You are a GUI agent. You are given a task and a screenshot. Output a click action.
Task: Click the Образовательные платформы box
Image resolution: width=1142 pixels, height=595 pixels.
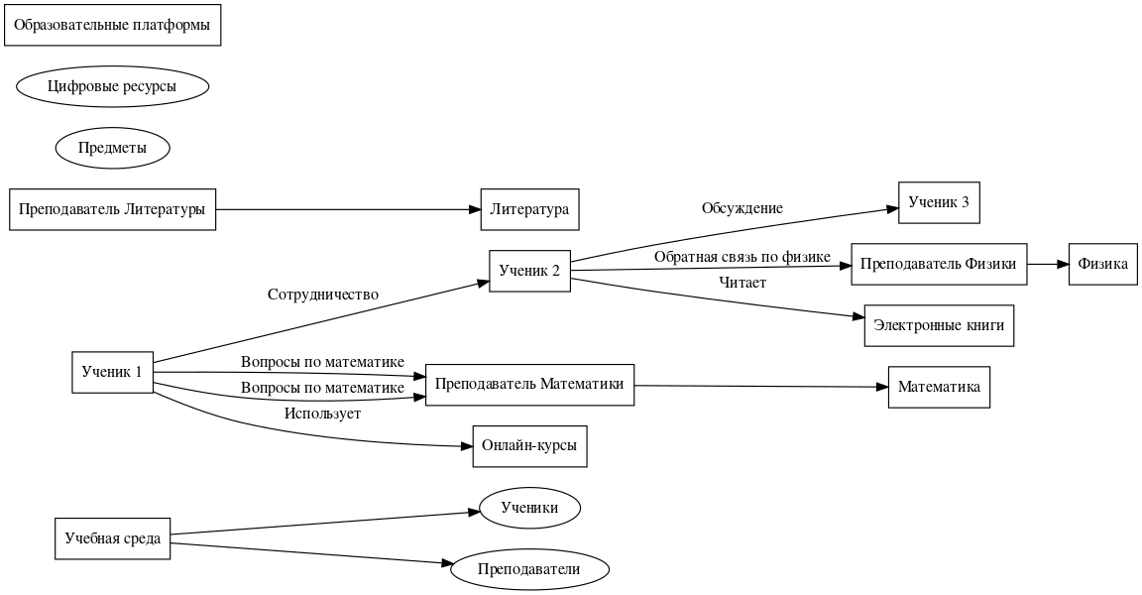pyautogui.click(x=113, y=25)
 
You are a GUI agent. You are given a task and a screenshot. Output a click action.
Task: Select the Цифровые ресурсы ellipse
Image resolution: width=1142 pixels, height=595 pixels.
pyautogui.click(x=113, y=86)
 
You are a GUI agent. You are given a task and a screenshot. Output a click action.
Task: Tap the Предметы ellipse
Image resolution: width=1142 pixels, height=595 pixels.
pyautogui.click(x=113, y=148)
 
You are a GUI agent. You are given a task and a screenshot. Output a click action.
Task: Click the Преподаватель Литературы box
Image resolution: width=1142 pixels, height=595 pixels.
pyautogui.click(x=112, y=209)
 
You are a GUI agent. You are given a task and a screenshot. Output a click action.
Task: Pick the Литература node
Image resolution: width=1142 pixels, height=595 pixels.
pyautogui.click(x=529, y=209)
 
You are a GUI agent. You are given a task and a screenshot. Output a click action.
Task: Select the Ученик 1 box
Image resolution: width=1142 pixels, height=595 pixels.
pyautogui.click(x=112, y=372)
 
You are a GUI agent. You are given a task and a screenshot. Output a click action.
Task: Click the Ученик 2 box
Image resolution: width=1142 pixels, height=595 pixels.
pyautogui.click(x=529, y=271)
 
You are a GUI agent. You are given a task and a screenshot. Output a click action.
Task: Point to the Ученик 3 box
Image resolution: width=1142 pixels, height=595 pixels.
pyautogui.click(x=938, y=203)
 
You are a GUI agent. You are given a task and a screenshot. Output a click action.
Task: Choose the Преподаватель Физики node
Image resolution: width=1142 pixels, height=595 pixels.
pyautogui.click(x=938, y=265)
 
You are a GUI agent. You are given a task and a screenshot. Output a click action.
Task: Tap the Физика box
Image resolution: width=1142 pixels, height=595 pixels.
pyautogui.click(x=1102, y=265)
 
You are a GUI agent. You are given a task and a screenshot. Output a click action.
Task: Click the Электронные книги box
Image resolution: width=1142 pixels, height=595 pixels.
pyautogui.click(x=938, y=325)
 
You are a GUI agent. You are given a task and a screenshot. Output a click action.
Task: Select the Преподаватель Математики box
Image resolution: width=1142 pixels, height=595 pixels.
pyautogui.click(x=529, y=385)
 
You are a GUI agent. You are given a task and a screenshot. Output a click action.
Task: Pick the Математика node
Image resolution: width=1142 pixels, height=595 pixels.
pyautogui.click(x=938, y=387)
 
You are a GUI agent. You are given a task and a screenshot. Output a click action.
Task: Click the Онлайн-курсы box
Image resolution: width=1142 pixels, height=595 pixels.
pyautogui.click(x=529, y=446)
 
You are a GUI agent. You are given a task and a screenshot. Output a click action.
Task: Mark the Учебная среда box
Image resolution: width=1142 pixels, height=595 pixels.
pyautogui.click(x=112, y=538)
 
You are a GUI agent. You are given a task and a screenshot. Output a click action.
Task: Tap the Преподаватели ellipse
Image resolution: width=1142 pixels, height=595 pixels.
pyautogui.click(x=529, y=569)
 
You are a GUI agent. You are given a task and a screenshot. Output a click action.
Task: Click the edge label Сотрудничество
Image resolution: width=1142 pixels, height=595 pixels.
pyautogui.click(x=323, y=295)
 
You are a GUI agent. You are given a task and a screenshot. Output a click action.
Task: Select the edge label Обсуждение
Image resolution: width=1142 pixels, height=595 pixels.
pyautogui.click(x=742, y=208)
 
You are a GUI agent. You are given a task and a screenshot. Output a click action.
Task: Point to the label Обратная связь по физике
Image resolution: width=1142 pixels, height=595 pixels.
pyautogui.click(x=742, y=257)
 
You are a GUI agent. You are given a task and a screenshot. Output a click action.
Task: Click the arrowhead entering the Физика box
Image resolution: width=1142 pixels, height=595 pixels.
pyautogui.click(x=1062, y=265)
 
